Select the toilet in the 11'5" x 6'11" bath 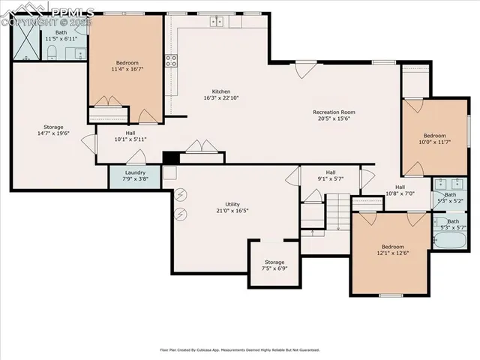(52, 51)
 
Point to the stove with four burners (172, 61)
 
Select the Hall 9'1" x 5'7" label (330, 175)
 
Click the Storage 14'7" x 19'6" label (53, 130)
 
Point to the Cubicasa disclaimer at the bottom (240, 349)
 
